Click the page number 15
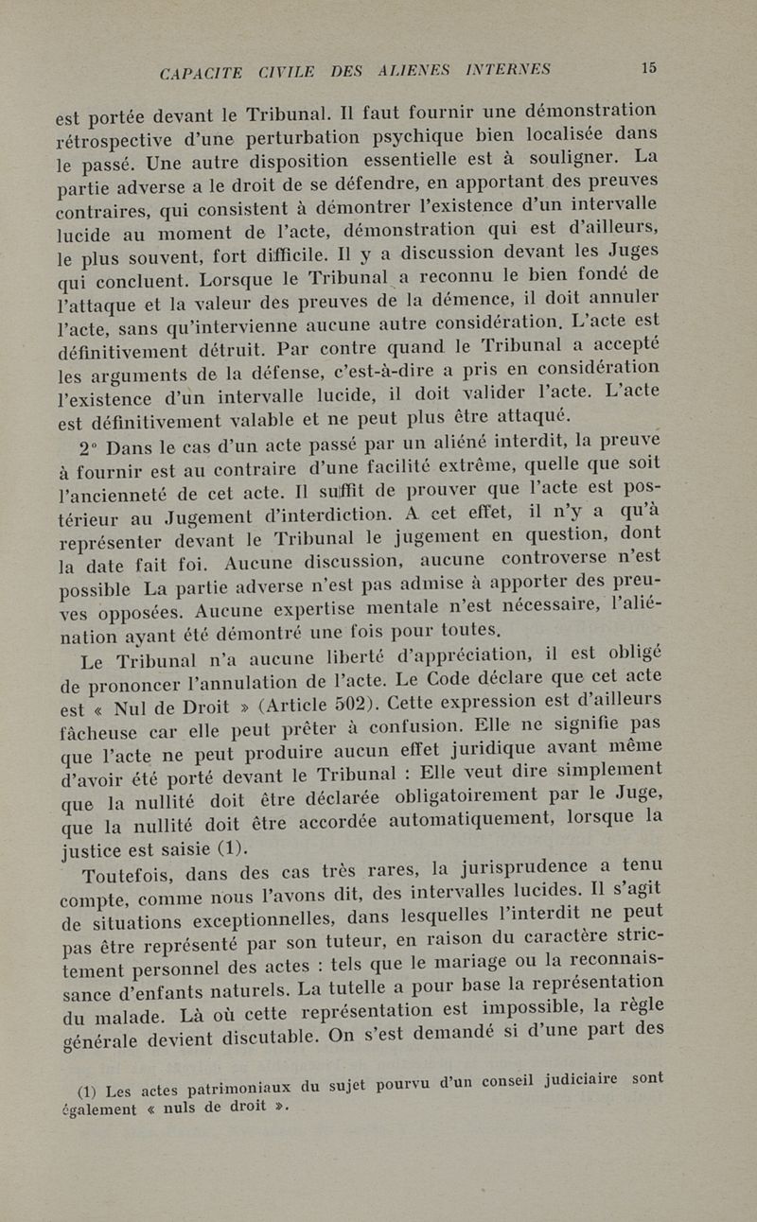pyautogui.click(x=648, y=67)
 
